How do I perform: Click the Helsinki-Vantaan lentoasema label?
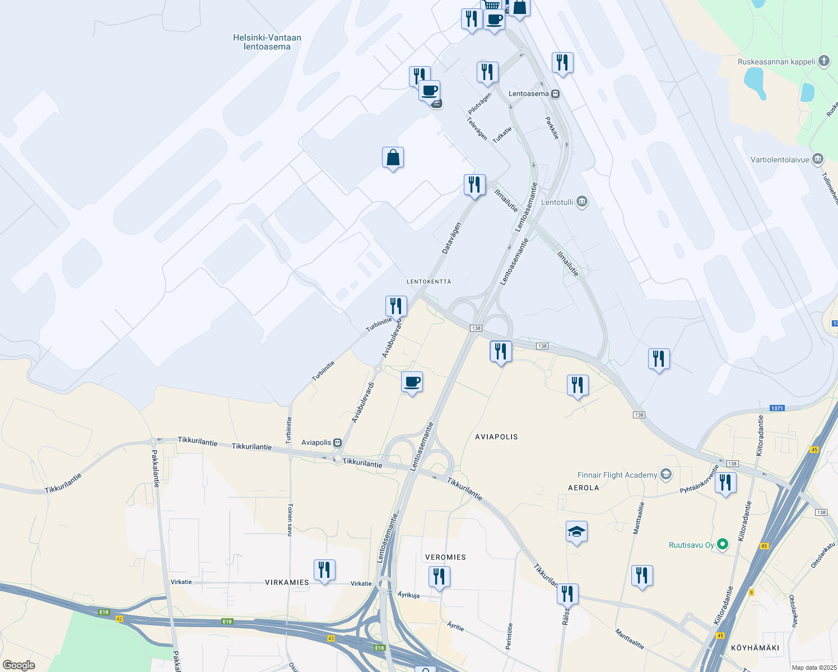pos(267,42)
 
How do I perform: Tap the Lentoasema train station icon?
pos(555,94)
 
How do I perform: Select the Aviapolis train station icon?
pos(337,442)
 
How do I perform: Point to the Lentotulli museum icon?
pos(582,202)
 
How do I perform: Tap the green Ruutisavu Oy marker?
pos(723,544)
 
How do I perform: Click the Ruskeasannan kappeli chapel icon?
pos(823,61)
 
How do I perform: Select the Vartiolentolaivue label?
pos(780,160)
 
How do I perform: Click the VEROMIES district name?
pos(445,557)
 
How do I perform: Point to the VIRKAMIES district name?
pos(287,582)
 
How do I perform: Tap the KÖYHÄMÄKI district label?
pos(755,648)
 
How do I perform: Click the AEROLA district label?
pos(583,488)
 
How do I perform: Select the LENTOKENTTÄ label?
pos(429,282)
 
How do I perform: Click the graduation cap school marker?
pos(576,531)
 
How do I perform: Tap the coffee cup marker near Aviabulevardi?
pos(412,382)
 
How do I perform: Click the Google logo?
pos(19,665)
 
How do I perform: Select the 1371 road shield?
pos(776,408)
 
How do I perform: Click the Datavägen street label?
pos(451,238)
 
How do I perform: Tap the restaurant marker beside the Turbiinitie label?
pos(396,306)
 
